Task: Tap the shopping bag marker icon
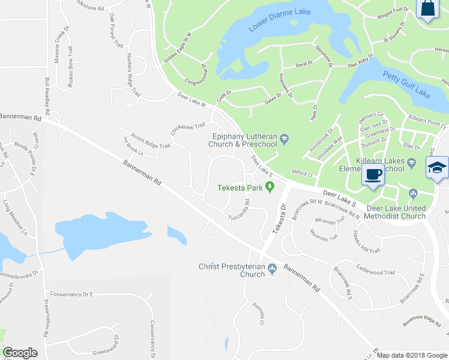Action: (x=429, y=8)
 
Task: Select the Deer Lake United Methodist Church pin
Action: (x=412, y=193)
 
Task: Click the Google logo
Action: (x=20, y=352)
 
